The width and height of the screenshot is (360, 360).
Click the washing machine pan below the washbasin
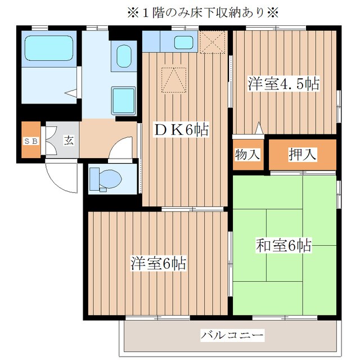click(x=123, y=101)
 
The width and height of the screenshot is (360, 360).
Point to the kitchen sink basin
click(x=183, y=42)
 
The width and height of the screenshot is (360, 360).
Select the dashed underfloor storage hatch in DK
click(x=173, y=79)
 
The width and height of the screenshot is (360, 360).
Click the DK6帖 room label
click(x=181, y=130)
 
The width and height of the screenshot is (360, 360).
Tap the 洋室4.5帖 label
click(x=283, y=84)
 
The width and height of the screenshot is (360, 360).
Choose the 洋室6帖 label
click(x=159, y=263)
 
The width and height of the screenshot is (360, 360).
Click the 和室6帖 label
click(x=284, y=245)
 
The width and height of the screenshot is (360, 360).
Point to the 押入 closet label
click(x=302, y=154)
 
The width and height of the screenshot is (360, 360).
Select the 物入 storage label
click(x=247, y=154)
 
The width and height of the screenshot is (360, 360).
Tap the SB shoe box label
click(x=30, y=141)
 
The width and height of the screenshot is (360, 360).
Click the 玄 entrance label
click(x=68, y=141)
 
